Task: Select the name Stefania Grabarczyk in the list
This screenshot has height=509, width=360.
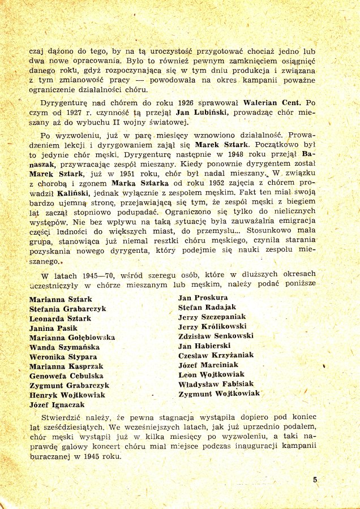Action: pyautogui.click(x=68, y=309)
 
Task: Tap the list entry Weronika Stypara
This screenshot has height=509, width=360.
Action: pyautogui.click(x=63, y=357)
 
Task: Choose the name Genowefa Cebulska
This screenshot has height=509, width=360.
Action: pyautogui.click(x=66, y=376)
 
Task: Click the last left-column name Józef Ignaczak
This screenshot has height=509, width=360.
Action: pyautogui.click(x=57, y=405)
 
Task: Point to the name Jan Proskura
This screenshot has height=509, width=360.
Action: pyautogui.click(x=203, y=297)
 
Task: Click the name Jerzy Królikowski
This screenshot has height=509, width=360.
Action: pyautogui.click(x=213, y=326)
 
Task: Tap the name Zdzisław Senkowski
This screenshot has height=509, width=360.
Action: pyautogui.click(x=215, y=336)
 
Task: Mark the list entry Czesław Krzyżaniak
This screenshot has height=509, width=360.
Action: pyautogui.click(x=216, y=355)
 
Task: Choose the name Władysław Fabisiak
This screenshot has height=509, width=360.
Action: pyautogui.click(x=216, y=384)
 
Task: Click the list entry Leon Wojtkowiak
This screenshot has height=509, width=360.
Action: pyautogui.click(x=211, y=374)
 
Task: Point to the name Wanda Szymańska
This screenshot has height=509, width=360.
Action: pyautogui.click(x=65, y=347)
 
